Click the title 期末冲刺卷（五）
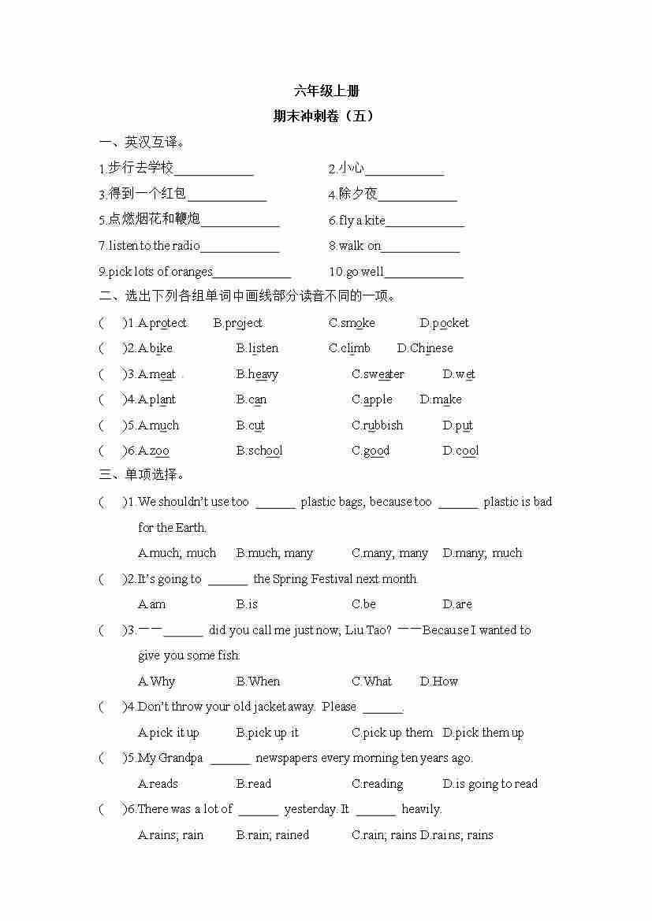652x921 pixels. pyautogui.click(x=324, y=116)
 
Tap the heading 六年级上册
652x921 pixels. pyautogui.click(x=326, y=91)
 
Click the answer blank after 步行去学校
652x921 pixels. pyautogui.click(x=214, y=169)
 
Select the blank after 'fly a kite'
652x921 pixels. pyautogui.click(x=425, y=221)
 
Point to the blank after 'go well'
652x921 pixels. pyautogui.click(x=424, y=273)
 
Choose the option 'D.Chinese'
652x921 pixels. pyautogui.click(x=425, y=348)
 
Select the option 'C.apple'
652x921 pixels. pyautogui.click(x=372, y=399)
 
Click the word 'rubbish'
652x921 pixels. pyautogui.click(x=383, y=425)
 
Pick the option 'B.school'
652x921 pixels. pyautogui.click(x=259, y=451)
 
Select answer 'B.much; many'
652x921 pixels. pyautogui.click(x=274, y=553)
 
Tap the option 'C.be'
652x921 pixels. pyautogui.click(x=363, y=604)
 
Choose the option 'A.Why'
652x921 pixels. pyautogui.click(x=157, y=681)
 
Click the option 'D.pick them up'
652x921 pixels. pyautogui.click(x=483, y=733)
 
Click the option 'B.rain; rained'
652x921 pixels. pyautogui.click(x=273, y=835)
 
